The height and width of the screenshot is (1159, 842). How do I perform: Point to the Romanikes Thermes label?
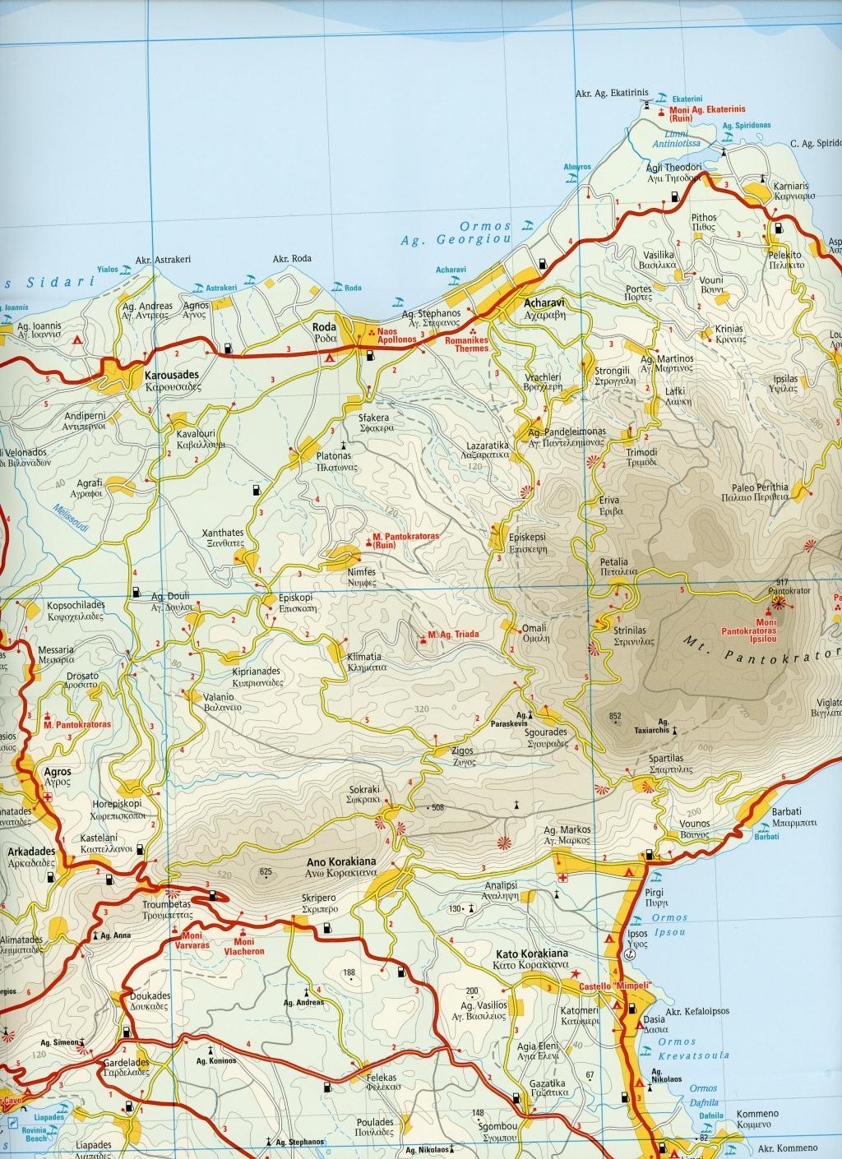pos(465,343)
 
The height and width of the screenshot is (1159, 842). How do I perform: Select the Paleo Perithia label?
pos(754,487)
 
